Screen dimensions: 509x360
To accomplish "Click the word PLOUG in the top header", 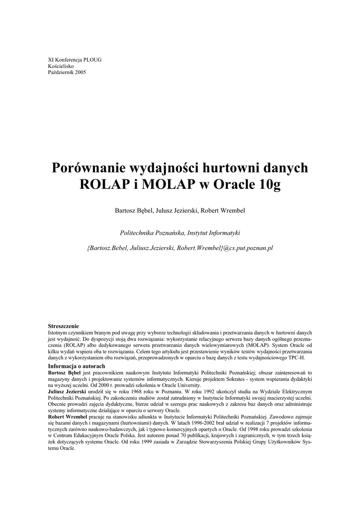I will point(92,60).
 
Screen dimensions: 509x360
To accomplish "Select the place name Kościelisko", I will point(62,66).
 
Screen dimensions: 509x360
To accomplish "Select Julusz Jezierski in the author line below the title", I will point(178,210).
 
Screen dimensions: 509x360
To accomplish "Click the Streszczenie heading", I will point(63,326).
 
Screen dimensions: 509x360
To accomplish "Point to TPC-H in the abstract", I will point(295,357).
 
